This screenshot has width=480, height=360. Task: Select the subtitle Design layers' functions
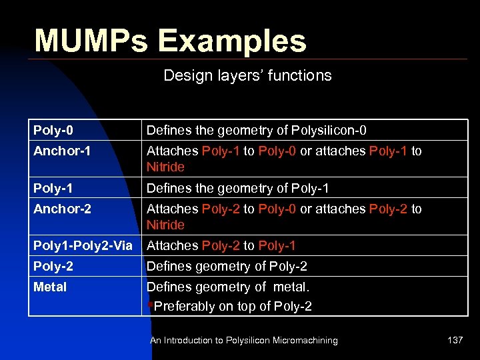click(247, 75)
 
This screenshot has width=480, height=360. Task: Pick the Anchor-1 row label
click(62, 151)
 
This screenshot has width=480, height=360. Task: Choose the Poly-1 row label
click(53, 188)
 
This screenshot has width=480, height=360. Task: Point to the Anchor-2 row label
click(62, 209)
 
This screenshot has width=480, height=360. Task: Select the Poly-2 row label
click(53, 266)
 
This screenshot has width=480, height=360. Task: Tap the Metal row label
click(50, 287)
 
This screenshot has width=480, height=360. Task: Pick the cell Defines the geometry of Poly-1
click(237, 188)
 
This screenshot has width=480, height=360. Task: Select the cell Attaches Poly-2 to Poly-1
click(221, 245)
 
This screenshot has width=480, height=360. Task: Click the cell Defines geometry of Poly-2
click(227, 266)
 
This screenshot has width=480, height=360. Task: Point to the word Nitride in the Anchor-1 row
click(165, 167)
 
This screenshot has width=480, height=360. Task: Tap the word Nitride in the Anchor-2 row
click(165, 225)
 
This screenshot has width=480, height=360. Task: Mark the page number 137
click(455, 340)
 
